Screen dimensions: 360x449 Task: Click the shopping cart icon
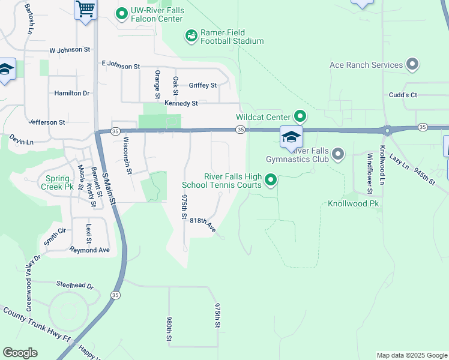tap(85, 9)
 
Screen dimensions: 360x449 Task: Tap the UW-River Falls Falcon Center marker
tap(122, 13)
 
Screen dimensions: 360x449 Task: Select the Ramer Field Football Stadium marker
tap(191, 36)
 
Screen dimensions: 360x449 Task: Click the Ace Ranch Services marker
tap(412, 64)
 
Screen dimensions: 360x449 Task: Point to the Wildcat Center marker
tap(300, 116)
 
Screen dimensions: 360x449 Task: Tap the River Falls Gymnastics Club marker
tap(338, 155)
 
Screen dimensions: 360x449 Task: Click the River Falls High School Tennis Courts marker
tap(271, 179)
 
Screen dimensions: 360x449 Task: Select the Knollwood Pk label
tap(353, 204)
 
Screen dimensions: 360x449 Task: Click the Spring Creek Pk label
tap(56, 182)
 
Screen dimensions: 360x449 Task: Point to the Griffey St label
tap(202, 85)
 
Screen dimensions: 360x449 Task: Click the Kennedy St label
tap(181, 103)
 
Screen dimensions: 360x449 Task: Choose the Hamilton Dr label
tap(71, 93)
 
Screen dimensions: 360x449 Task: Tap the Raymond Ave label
tap(89, 250)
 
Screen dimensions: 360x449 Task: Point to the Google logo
tap(20, 353)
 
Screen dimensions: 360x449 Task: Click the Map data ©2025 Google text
tap(411, 355)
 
